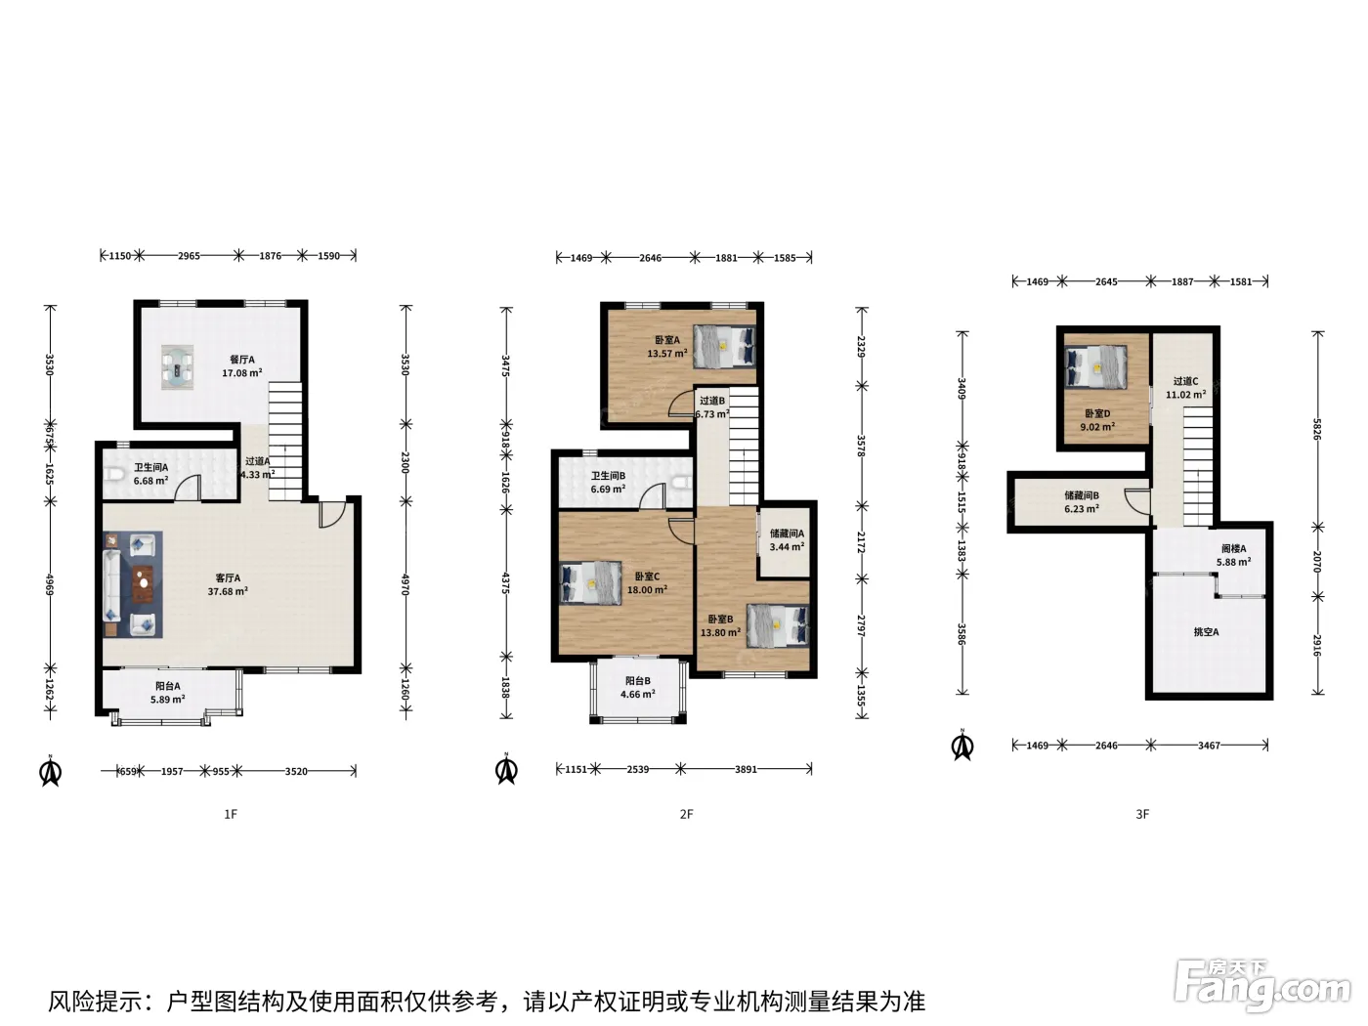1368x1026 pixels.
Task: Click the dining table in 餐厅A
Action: click(177, 367)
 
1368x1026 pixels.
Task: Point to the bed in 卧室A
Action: click(725, 345)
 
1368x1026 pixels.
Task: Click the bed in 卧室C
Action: click(591, 583)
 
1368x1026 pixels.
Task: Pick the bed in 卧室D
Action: click(1095, 367)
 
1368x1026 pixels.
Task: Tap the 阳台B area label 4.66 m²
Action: click(637, 695)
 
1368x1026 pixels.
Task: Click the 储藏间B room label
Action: click(1082, 495)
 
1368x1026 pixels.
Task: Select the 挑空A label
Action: click(1206, 632)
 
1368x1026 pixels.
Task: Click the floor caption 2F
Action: click(686, 814)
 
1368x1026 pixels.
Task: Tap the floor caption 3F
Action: click(1141, 814)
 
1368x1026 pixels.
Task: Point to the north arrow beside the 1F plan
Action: click(51, 771)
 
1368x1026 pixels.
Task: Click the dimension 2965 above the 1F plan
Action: click(189, 256)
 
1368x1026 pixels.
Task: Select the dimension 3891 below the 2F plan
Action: click(746, 769)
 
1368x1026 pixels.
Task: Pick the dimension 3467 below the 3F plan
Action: click(1209, 745)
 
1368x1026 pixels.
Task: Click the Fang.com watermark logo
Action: click(1262, 987)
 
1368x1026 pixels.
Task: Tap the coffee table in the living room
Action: click(144, 583)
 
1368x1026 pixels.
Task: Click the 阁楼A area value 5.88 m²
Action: click(1233, 562)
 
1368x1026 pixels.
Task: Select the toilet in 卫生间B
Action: click(683, 482)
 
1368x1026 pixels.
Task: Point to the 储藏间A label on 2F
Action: click(787, 534)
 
